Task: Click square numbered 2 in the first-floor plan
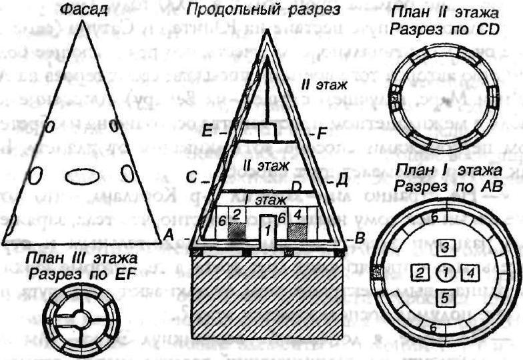419,271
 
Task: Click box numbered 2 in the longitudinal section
237,214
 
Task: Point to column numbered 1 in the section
268,231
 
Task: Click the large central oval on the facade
82,176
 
